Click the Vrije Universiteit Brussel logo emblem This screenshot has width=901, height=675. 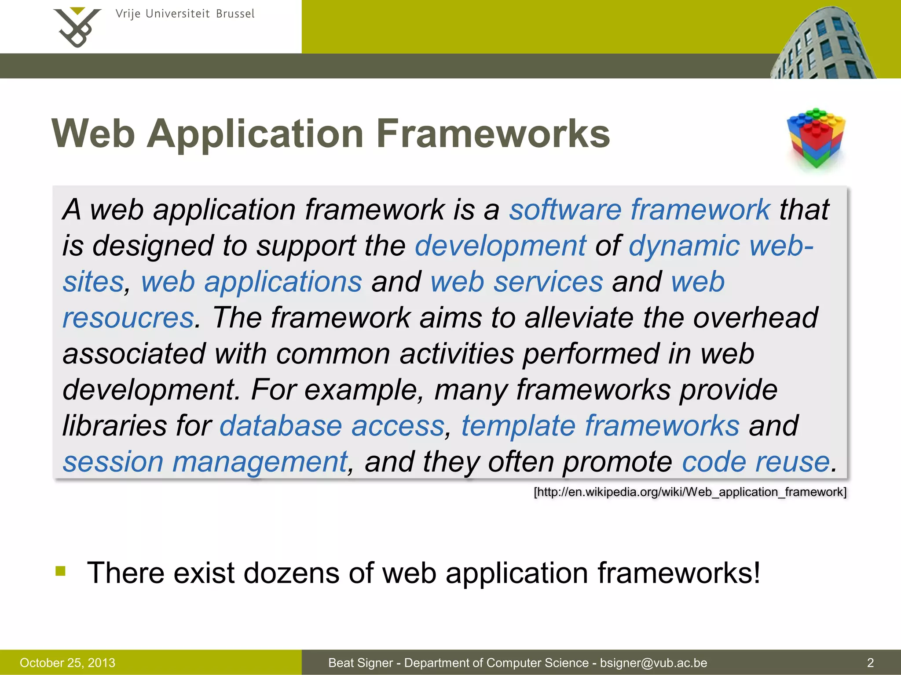pos(77,27)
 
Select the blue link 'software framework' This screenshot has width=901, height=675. pos(639,209)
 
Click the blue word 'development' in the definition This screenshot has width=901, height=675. pos(500,246)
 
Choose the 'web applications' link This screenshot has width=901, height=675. pos(251,282)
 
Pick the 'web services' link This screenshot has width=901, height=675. pos(516,282)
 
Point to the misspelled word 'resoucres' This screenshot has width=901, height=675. pos(128,318)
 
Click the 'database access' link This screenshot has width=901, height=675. pos(332,426)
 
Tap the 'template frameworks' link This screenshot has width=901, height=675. pos(600,426)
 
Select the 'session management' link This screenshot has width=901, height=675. pos(205,462)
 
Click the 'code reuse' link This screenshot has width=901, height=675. pos(755,462)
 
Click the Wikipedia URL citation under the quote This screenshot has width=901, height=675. pos(690,492)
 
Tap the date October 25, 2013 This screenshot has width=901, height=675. pos(67,663)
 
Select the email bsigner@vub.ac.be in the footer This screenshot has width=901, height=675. pos(653,663)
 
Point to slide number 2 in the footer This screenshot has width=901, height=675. pos(870,663)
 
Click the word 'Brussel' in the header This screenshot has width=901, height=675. pos(235,14)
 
